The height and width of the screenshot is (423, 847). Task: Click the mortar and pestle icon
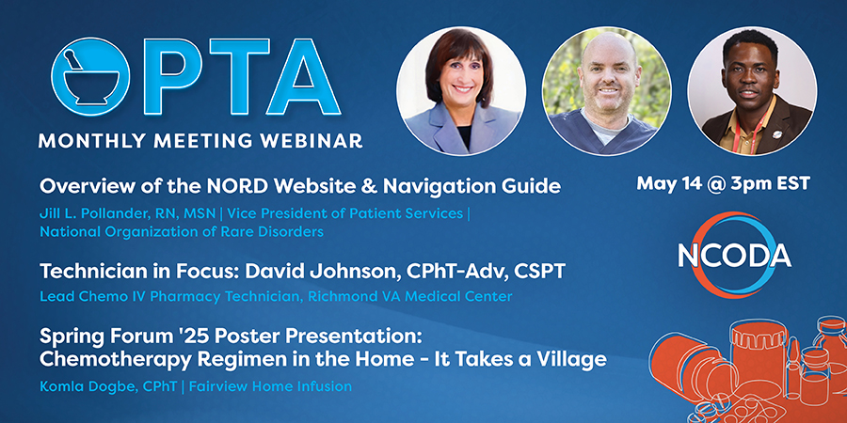[90, 76]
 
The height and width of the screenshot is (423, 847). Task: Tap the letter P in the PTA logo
[169, 76]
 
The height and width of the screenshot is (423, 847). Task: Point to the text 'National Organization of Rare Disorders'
[182, 232]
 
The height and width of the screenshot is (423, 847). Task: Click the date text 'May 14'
[663, 184]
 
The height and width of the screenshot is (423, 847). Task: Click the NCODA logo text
[734, 258]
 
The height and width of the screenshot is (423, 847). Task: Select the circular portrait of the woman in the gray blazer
[461, 91]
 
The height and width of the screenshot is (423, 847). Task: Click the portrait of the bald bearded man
[607, 91]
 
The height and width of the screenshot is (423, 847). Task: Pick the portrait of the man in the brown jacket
[752, 91]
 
